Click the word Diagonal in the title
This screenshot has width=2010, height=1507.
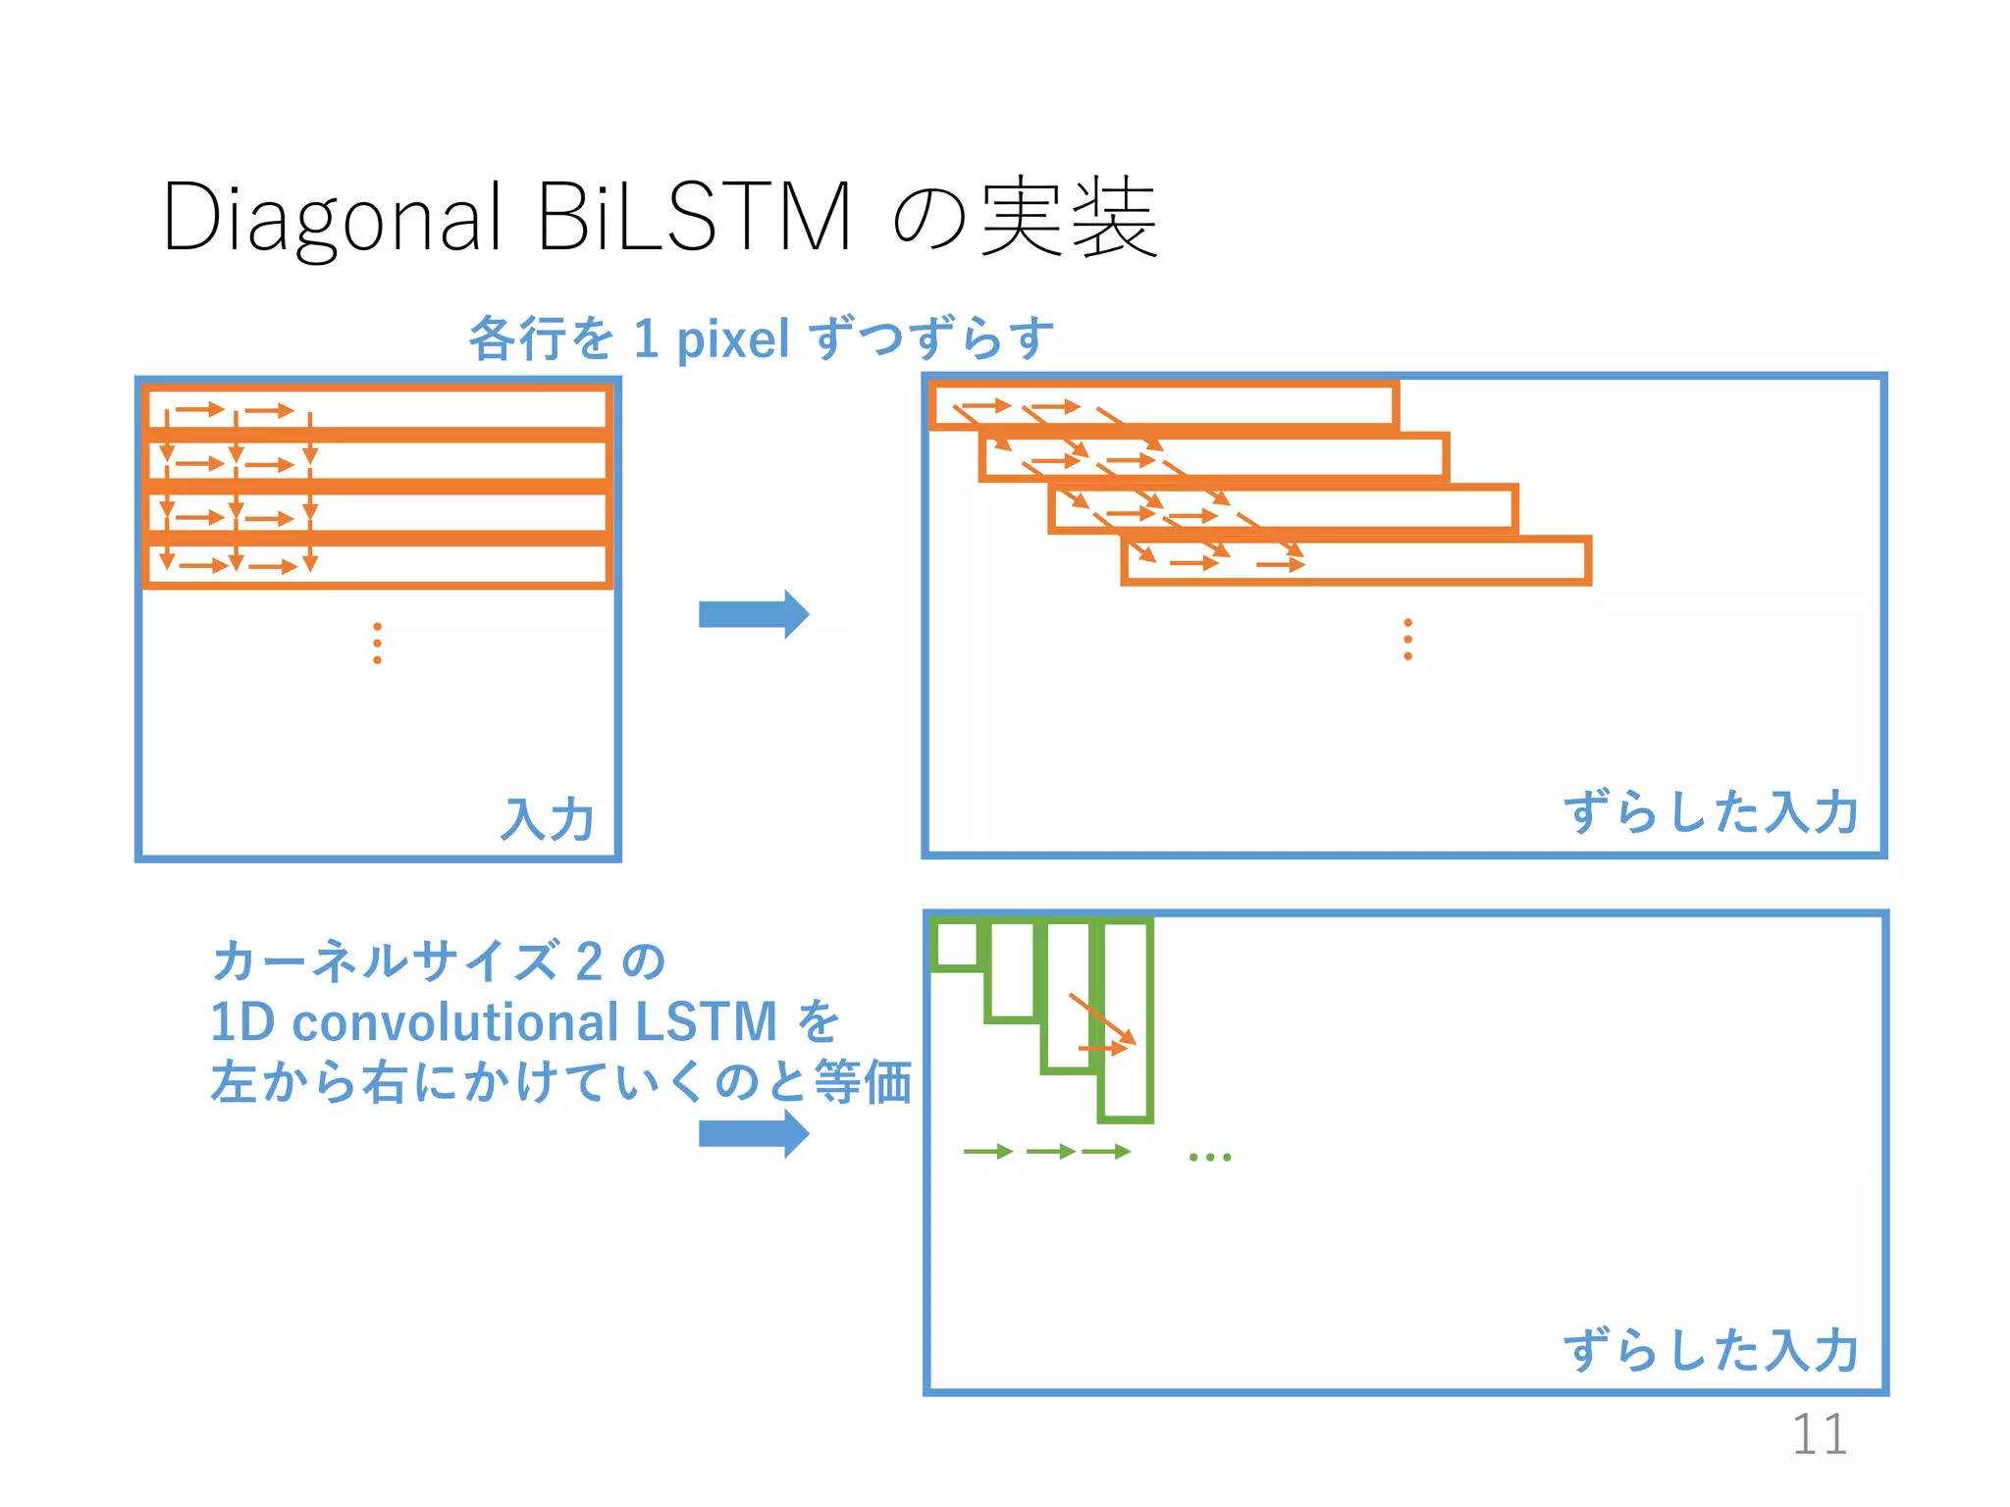332,218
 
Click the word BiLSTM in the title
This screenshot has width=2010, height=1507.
694,218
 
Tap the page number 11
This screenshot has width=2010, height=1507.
1819,1434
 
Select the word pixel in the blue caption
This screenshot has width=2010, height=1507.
733,339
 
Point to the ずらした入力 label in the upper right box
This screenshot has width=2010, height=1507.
1710,812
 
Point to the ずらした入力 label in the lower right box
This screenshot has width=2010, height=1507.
1710,1350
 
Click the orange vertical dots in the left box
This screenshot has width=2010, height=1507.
378,644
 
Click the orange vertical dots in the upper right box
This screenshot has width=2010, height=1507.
1408,639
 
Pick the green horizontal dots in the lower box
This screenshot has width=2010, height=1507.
1209,1158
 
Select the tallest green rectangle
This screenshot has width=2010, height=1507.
1126,1019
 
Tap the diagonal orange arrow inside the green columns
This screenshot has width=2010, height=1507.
1102,1019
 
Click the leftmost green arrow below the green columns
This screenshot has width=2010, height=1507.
987,1152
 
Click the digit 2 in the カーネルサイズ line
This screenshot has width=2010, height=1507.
589,961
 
